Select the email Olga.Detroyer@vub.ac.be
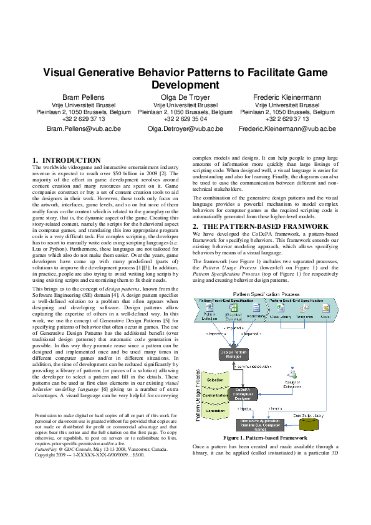pos(185,128)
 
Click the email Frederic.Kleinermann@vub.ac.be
pos(287,128)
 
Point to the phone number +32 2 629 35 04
pos(185,118)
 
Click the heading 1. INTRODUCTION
pos(66,160)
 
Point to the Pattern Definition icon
pos(210,311)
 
